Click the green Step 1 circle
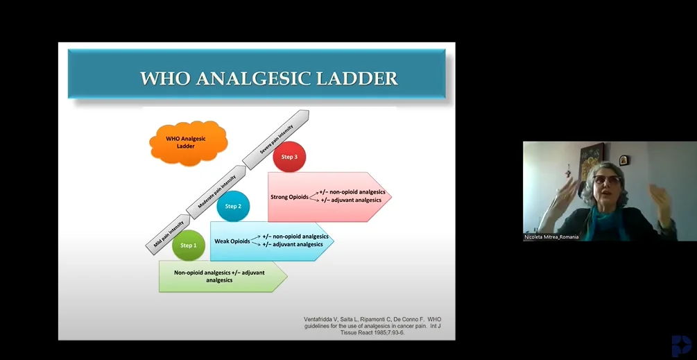pos(188,246)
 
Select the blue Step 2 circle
pos(233,206)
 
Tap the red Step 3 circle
pos(289,157)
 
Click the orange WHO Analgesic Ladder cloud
pos(189,142)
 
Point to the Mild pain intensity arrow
pos(169,234)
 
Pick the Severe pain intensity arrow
pos(276,139)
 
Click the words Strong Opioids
pos(289,197)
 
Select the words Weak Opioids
pos(232,241)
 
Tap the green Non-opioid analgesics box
pos(223,276)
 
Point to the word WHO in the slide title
pos(165,78)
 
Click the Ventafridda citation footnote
pos(372,326)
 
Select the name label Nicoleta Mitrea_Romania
pos(551,237)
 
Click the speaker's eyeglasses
pos(606,180)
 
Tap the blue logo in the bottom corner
pos(682,345)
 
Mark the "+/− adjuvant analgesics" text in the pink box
pos(351,200)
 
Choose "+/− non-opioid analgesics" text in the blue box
pos(295,237)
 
